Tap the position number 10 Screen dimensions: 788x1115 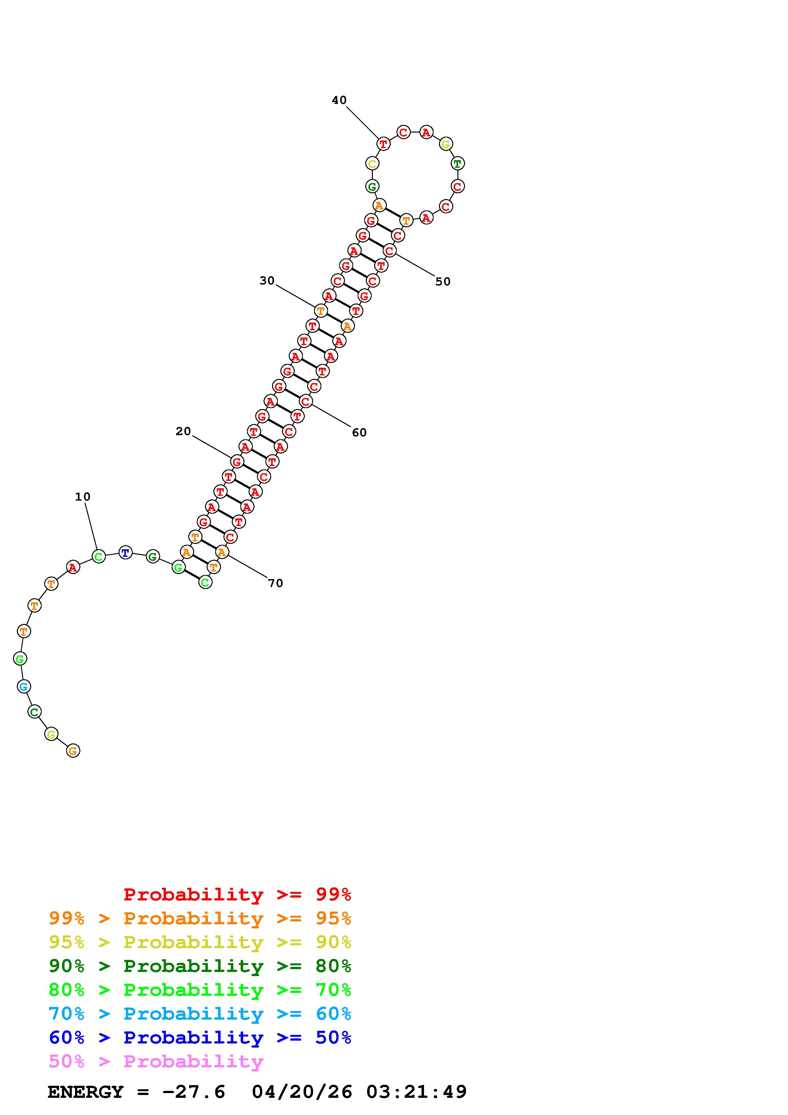pyautogui.click(x=83, y=496)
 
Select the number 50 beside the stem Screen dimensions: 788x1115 pyautogui.click(x=443, y=281)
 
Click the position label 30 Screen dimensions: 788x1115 pyautogui.click(x=267, y=280)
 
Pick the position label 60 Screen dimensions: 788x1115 pyautogui.click(x=359, y=432)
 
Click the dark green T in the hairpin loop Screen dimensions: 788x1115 pyautogui.click(x=457, y=163)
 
